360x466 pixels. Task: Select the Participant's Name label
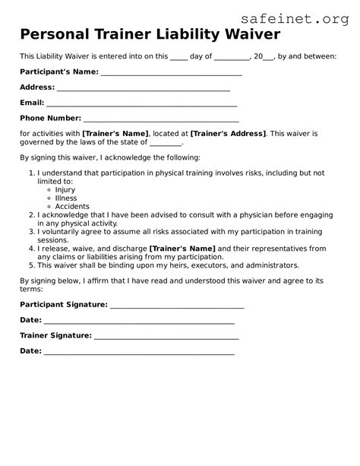click(x=59, y=71)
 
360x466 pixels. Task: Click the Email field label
click(x=32, y=103)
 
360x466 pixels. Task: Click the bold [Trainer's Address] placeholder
click(x=228, y=134)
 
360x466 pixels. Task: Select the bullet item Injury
click(x=65, y=190)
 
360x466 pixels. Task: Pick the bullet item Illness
click(x=66, y=198)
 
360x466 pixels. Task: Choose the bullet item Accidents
click(x=72, y=207)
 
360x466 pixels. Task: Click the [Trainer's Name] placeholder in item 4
click(x=182, y=249)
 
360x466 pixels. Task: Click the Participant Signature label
click(x=64, y=304)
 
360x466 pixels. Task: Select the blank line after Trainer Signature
click(x=166, y=335)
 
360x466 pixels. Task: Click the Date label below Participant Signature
click(x=30, y=320)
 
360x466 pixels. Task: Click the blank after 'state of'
click(x=166, y=142)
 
